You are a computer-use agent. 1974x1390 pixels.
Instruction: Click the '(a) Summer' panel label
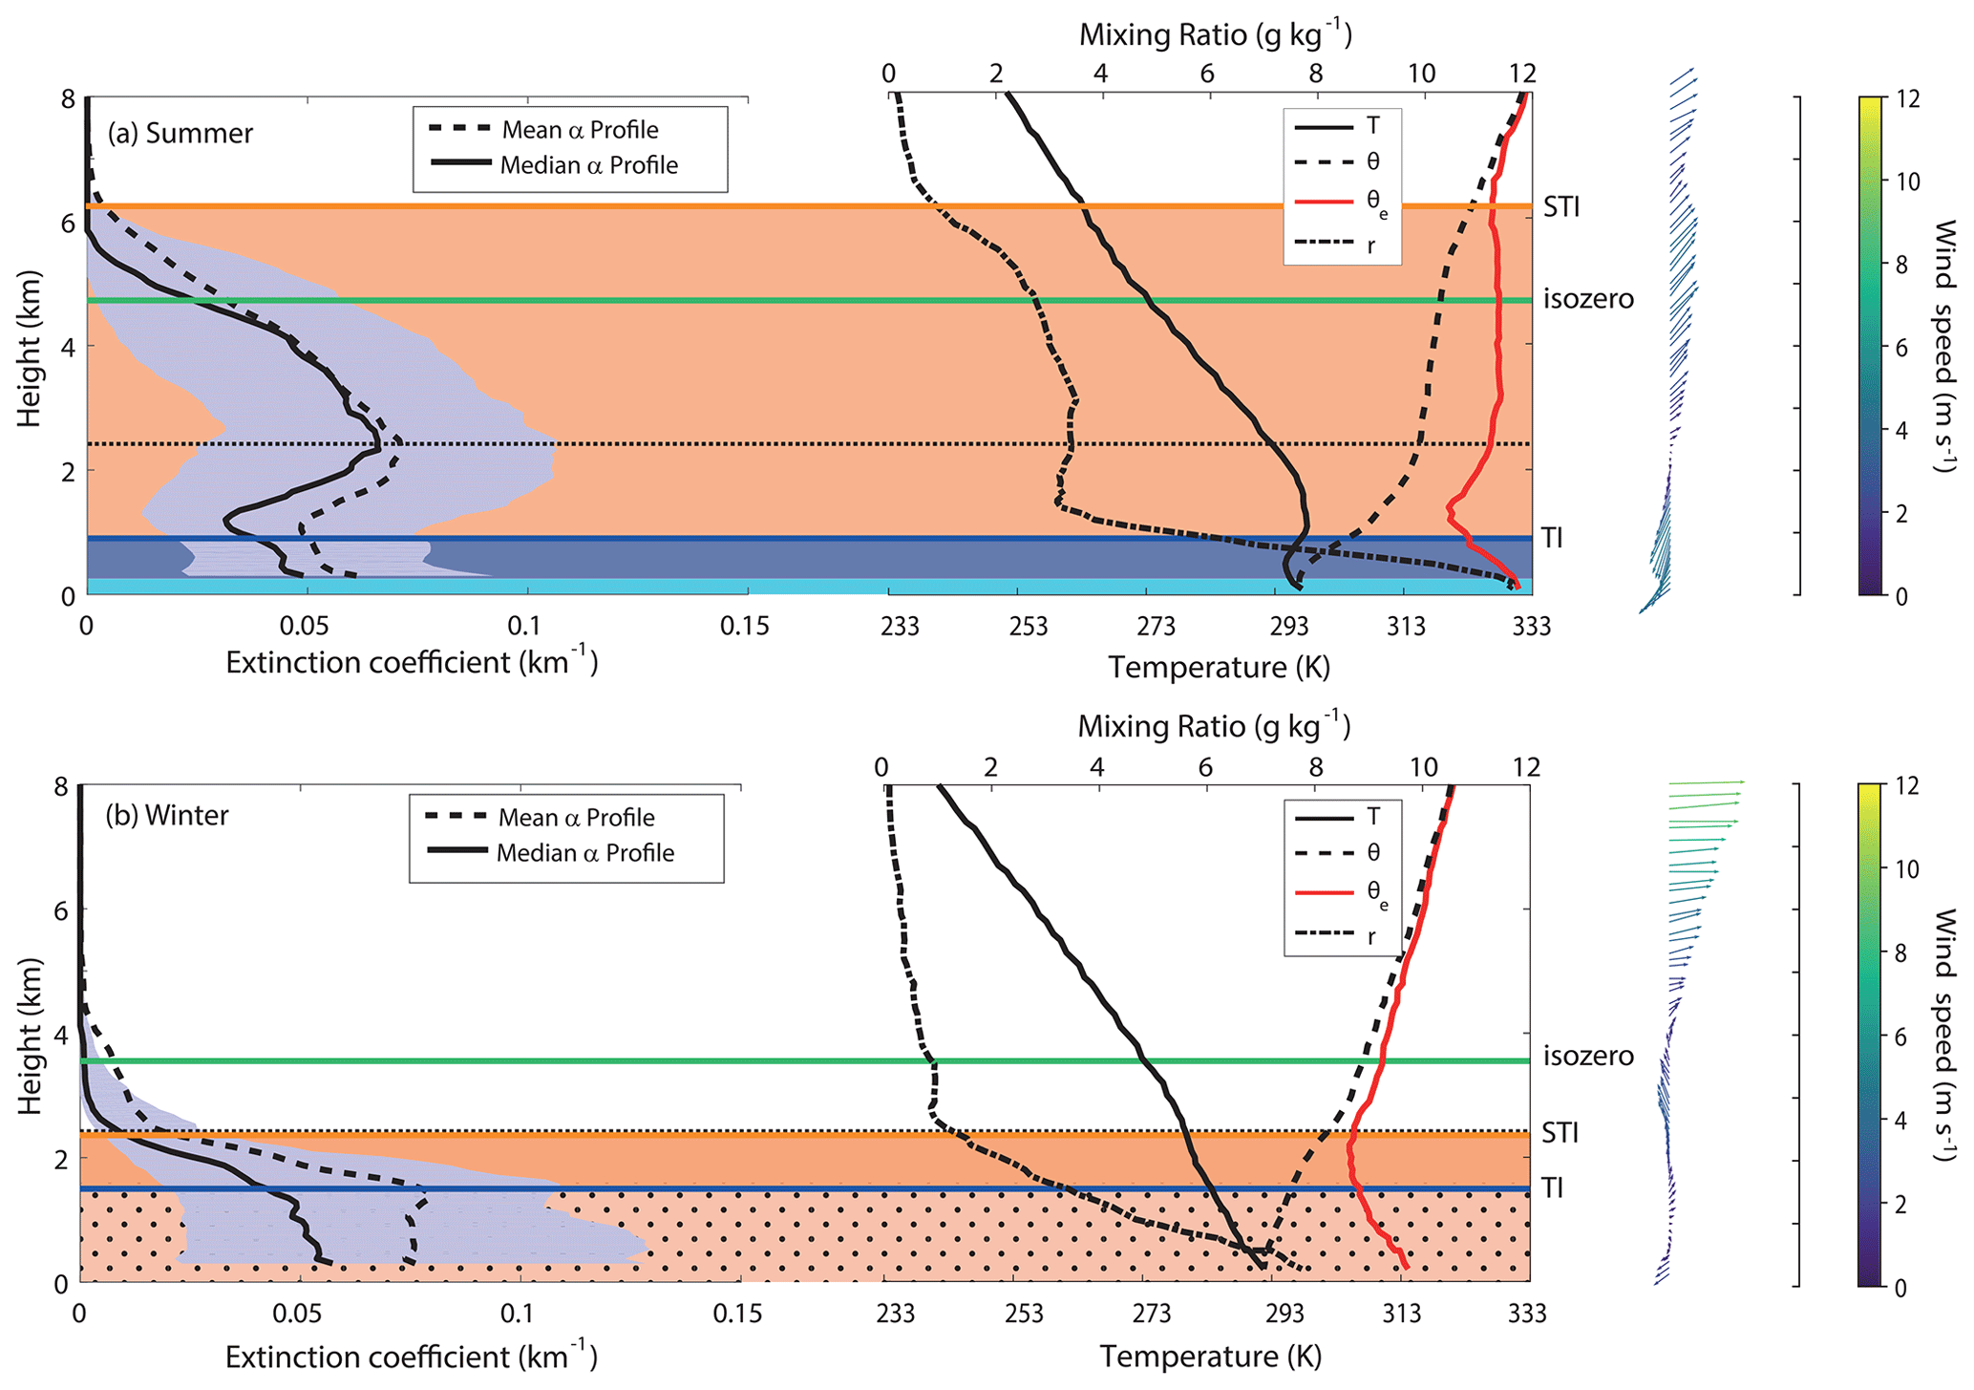point(180,133)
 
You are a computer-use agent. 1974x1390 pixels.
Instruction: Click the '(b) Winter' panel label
point(167,816)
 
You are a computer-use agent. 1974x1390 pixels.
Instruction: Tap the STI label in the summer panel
point(1561,206)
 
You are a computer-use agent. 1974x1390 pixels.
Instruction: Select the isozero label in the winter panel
point(1588,1056)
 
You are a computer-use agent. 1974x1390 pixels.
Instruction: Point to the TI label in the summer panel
point(1552,538)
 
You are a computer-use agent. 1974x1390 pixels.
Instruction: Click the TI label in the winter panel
point(1552,1187)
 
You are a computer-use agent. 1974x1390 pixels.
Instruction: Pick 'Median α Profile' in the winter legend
point(584,853)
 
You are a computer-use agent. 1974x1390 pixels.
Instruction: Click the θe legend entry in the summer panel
point(1376,202)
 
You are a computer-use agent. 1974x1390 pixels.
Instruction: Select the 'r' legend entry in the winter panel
point(1371,936)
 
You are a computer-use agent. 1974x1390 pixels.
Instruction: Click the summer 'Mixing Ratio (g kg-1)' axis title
point(1216,35)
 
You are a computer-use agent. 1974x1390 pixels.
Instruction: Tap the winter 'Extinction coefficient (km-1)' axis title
point(412,1357)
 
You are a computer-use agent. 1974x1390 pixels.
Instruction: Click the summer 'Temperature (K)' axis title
point(1219,667)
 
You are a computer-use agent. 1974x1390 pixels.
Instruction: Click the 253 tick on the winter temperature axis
point(1024,1315)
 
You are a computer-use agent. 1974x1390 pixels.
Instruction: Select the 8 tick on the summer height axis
point(69,99)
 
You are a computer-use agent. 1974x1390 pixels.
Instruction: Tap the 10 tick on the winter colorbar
point(1906,869)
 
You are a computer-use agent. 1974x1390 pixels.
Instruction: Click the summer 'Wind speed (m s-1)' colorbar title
point(1943,346)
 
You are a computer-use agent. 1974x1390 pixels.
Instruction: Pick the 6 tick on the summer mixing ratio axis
point(1207,74)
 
